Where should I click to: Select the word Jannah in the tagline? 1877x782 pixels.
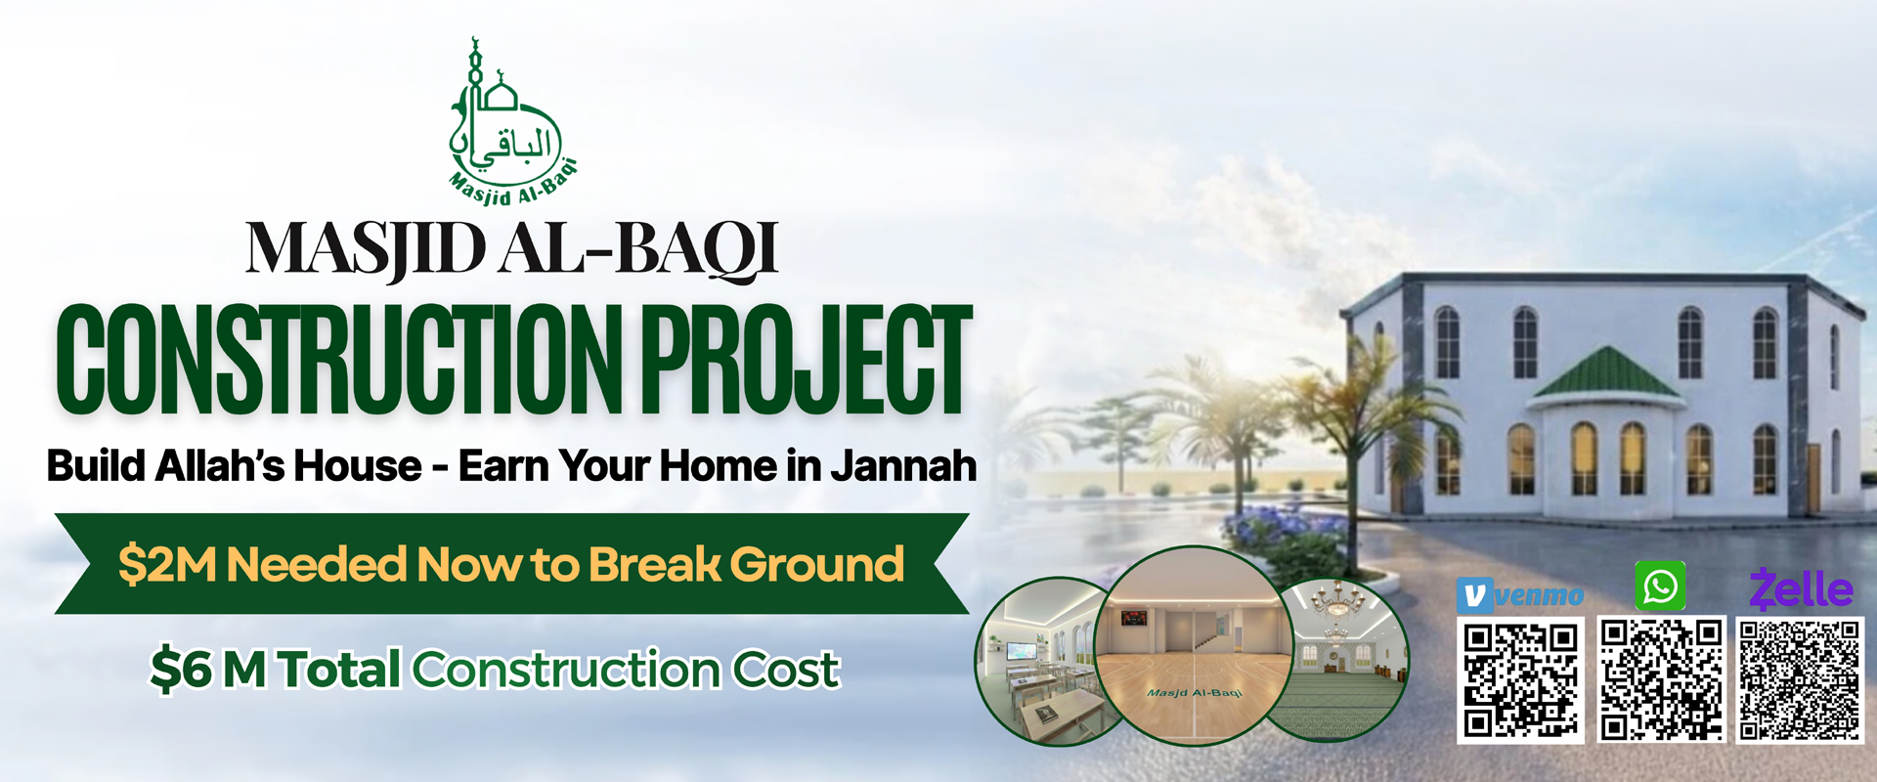903,466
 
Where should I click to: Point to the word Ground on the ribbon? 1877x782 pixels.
816,565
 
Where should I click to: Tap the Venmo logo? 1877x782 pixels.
1520,594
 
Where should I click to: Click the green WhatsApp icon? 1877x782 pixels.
1660,586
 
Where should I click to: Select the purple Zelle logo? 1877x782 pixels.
1801,589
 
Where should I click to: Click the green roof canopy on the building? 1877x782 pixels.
1607,373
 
